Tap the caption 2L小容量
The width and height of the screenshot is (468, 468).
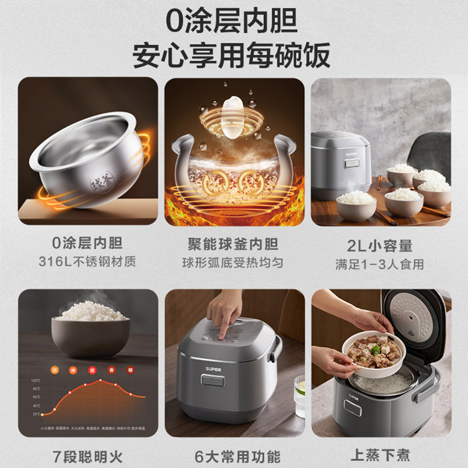[x=381, y=244]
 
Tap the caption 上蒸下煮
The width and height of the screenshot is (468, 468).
[x=381, y=455]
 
